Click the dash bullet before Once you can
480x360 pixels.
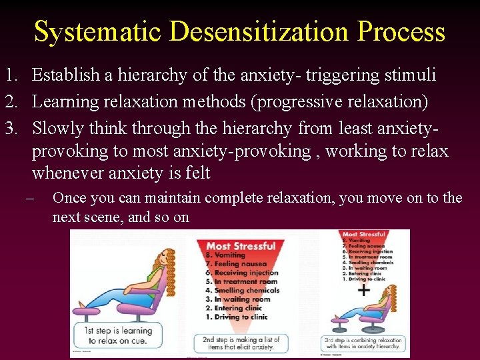27,198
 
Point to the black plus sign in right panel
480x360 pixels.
363,290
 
